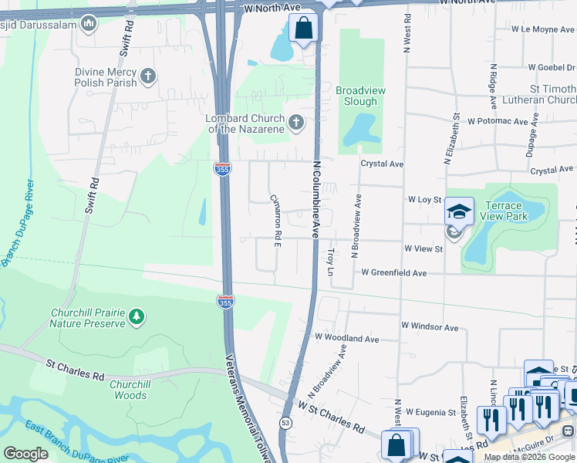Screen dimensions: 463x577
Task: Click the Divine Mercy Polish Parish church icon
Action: [147, 76]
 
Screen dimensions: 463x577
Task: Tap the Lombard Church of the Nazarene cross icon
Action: [295, 122]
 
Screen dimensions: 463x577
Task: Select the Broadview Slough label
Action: [361, 96]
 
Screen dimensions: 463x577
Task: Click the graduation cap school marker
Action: [459, 211]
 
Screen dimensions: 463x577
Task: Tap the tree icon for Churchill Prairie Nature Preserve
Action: [137, 316]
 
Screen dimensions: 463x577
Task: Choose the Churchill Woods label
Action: [128, 390]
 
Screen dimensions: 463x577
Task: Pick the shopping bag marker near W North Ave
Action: [305, 29]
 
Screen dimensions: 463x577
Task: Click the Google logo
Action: [25, 454]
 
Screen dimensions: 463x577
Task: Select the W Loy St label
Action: [423, 199]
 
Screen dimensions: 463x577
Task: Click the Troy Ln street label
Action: [331, 261]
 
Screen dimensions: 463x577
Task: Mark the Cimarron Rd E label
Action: [275, 221]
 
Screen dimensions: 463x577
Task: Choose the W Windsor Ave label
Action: [429, 328]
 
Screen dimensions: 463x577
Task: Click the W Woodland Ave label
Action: [346, 339]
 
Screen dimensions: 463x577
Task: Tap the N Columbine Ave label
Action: [315, 198]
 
